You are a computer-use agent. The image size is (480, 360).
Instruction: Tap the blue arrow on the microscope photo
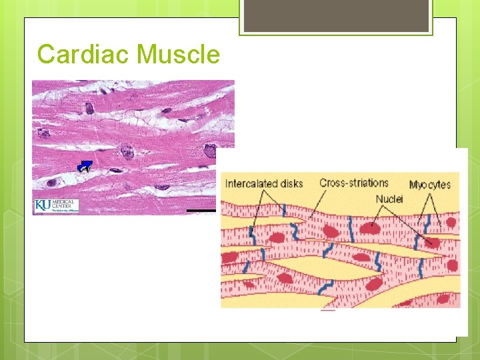point(85,167)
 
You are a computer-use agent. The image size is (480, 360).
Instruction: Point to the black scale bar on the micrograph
point(201,211)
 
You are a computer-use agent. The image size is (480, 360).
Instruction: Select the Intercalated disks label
point(264,183)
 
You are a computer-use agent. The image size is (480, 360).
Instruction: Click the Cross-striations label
point(354,183)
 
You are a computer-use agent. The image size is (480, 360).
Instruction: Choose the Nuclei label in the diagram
point(389,199)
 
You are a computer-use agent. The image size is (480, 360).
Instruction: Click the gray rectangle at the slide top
point(335,15)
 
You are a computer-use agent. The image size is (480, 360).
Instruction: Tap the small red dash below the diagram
point(327,310)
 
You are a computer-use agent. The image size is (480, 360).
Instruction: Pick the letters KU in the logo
point(42,205)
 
